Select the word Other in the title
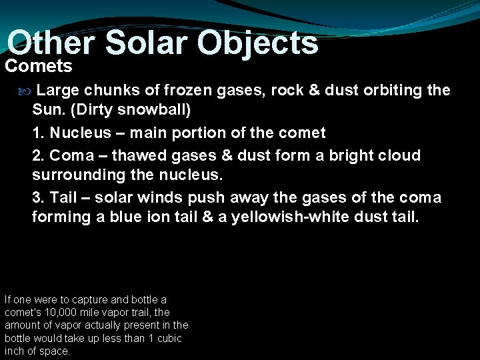point(53,43)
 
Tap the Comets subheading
point(39,66)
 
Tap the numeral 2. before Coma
point(39,155)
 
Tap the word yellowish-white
point(304,217)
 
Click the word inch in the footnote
point(14,351)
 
